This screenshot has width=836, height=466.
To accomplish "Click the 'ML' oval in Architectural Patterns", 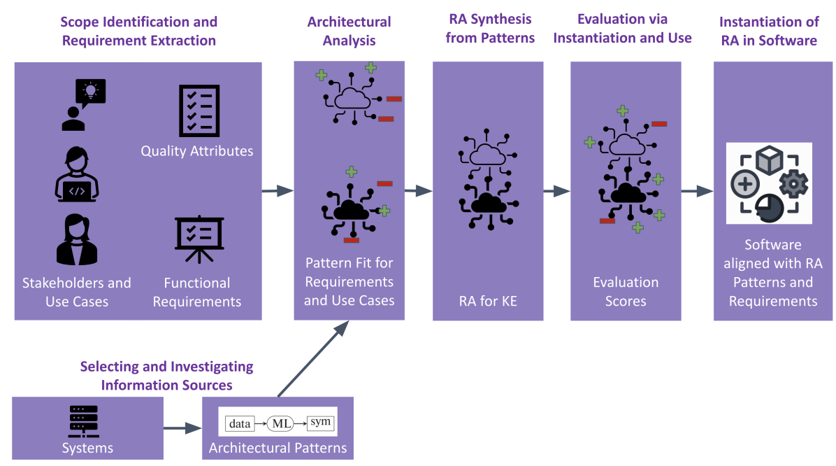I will click(278, 423).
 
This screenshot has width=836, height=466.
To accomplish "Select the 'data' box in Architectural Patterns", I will click(240, 423).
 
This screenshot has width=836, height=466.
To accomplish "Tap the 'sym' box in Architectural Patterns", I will click(322, 422).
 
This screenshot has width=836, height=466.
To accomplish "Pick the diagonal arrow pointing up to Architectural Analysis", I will click(312, 359).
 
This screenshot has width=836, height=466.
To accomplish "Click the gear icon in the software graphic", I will click(793, 184).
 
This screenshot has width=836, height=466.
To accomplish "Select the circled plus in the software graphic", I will click(745, 185).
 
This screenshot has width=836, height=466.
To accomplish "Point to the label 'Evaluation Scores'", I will click(626, 292).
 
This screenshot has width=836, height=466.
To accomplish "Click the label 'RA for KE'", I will click(487, 302).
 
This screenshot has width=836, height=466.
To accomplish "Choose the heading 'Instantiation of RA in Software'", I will click(767, 31).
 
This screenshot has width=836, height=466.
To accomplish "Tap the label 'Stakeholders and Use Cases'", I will click(77, 292).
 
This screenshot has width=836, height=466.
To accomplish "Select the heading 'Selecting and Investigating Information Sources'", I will click(166, 376).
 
